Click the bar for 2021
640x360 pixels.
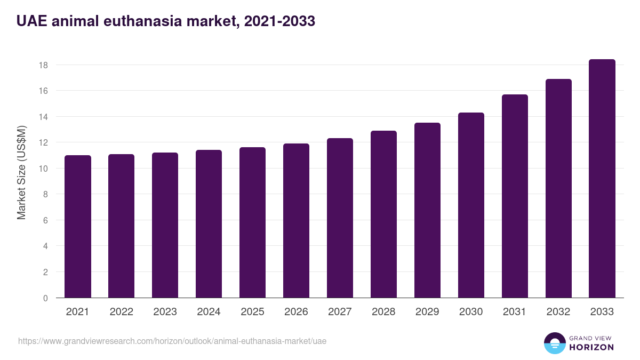click(78, 227)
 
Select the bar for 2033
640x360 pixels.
click(602, 179)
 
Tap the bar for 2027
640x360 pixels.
click(340, 218)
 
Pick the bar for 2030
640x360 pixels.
click(471, 205)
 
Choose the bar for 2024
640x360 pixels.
click(209, 224)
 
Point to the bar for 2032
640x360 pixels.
click(558, 188)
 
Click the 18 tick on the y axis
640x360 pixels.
click(43, 65)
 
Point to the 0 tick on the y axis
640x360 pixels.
click(45, 298)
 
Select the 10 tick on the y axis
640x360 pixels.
click(43, 169)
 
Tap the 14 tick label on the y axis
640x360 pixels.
click(43, 117)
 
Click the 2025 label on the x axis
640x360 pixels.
click(252, 312)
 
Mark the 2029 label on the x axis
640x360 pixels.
click(427, 312)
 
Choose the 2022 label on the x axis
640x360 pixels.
click(121, 312)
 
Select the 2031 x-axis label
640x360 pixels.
click(515, 312)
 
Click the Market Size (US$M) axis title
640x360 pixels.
click(21, 172)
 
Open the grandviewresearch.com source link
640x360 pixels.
click(172, 341)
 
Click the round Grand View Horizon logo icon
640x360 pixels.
click(555, 343)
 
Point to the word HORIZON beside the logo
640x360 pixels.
click(591, 347)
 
